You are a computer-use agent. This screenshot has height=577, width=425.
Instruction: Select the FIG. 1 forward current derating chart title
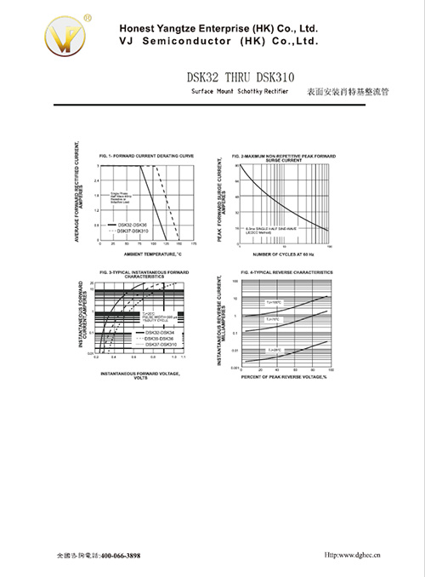click(147, 157)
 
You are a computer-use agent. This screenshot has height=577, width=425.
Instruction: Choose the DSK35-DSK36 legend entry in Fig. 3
click(159, 338)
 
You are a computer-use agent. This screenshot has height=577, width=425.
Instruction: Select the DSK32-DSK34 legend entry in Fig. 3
click(159, 332)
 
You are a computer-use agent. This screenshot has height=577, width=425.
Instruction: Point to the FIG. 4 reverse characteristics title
click(286, 271)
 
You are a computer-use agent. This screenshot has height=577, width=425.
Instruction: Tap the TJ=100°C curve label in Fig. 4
click(273, 302)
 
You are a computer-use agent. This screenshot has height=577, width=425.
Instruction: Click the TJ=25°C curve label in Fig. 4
click(274, 350)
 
